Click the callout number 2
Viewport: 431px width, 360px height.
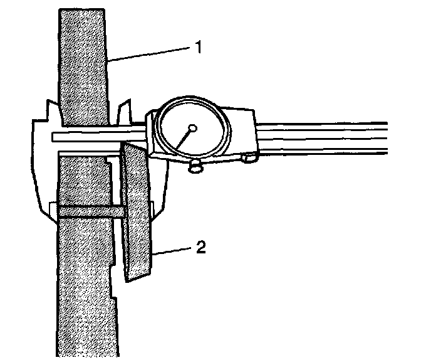200,247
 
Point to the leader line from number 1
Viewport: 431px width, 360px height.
150,54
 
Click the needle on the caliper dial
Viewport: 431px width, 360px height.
184,140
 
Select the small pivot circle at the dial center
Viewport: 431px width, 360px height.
193,129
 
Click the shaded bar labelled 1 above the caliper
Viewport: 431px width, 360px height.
83,63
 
